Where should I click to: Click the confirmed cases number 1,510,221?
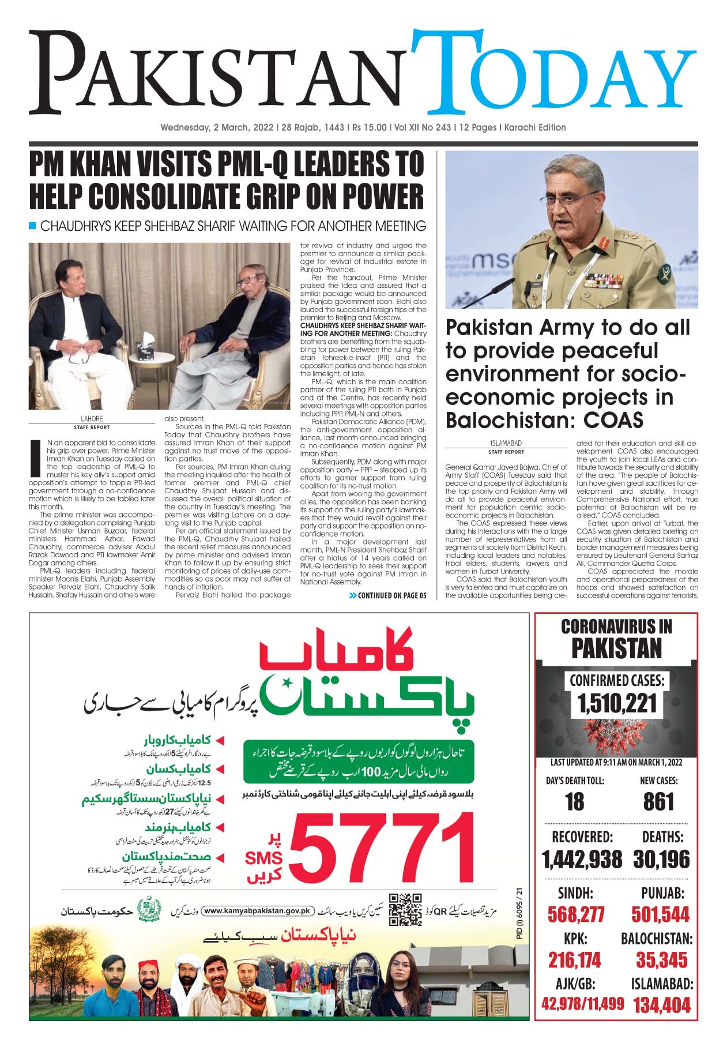616,703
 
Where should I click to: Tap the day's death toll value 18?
574,801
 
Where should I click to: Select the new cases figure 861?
658,801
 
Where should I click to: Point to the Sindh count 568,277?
576,914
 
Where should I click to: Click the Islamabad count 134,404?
661,1006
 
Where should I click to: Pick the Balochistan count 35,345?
661,960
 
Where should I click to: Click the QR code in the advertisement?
406,910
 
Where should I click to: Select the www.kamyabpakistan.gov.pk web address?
257,911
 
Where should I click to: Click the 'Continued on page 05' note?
388,595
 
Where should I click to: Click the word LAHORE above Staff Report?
92,419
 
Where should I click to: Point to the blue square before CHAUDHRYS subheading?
33,226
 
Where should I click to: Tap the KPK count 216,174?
574,960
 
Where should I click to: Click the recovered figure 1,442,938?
582,860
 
